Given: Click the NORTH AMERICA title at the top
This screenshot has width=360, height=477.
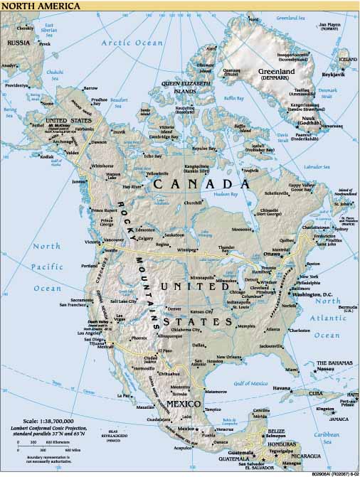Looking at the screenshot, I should (x=32, y=6).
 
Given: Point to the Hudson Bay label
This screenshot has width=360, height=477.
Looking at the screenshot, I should (x=226, y=193).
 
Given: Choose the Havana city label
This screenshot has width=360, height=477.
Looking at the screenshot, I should (x=282, y=388).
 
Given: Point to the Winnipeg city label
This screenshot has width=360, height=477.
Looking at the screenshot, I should (x=186, y=250).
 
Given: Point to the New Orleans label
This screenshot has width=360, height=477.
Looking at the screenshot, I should (x=229, y=357).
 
